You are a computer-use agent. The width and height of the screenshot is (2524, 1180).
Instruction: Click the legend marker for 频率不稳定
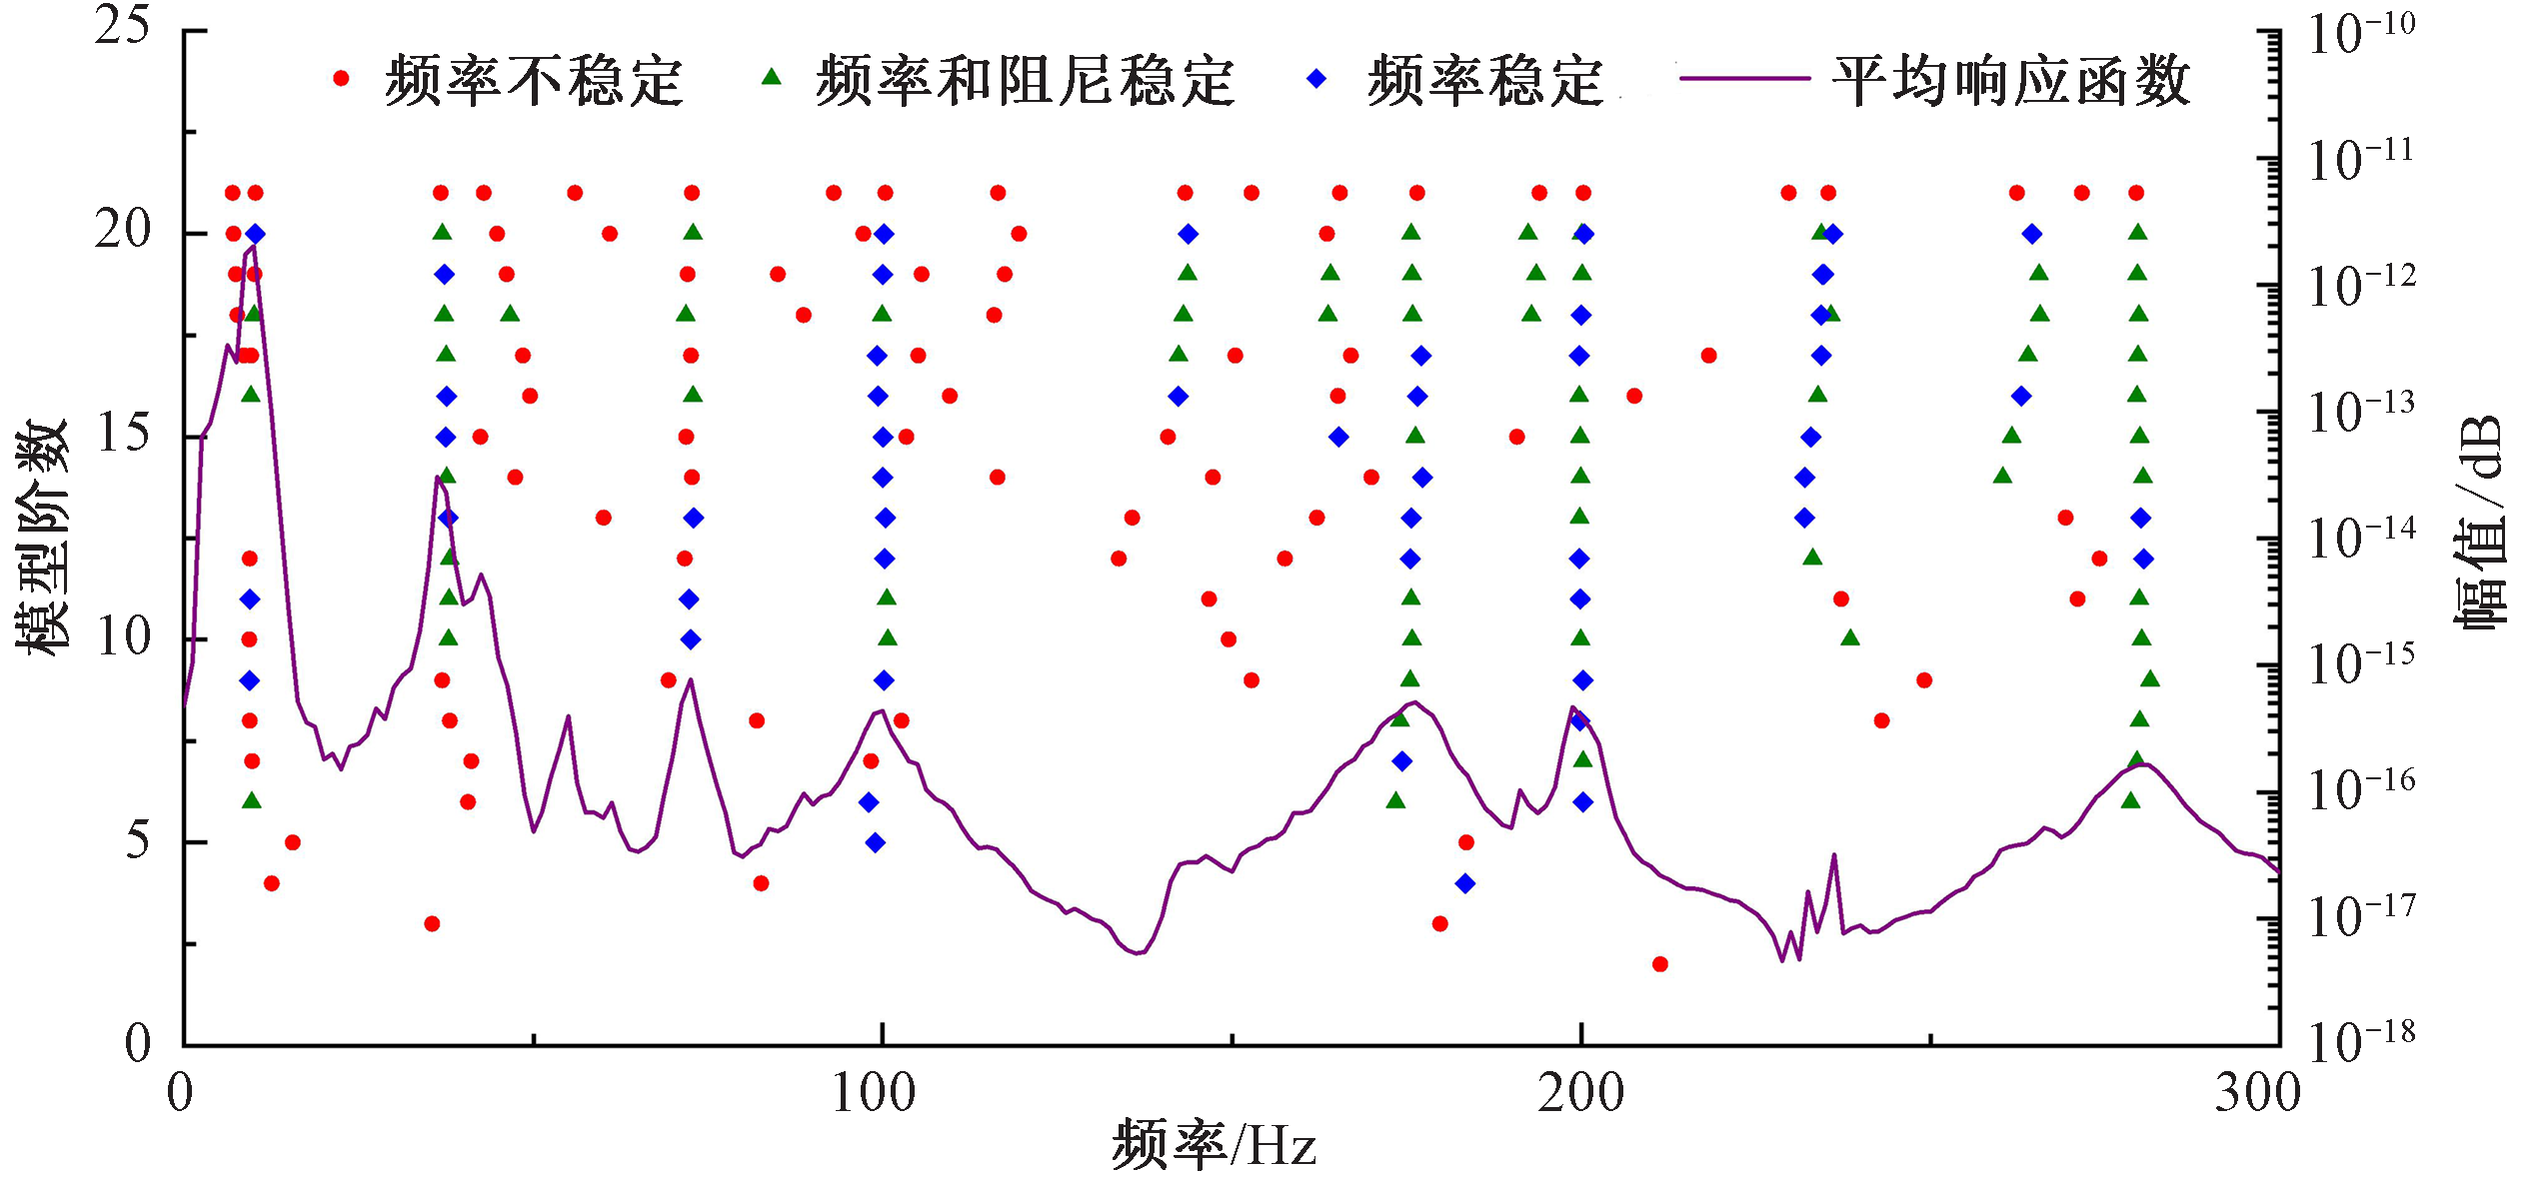point(342,79)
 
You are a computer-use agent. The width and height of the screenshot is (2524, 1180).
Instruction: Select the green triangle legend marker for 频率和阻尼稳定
point(772,78)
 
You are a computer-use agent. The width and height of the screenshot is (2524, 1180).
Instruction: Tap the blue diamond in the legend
point(1317,79)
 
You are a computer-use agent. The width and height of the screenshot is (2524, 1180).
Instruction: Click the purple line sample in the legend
point(1744,79)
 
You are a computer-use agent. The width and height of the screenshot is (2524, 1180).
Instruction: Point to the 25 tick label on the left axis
point(123,26)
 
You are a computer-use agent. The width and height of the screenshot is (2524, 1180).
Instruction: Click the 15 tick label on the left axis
point(123,435)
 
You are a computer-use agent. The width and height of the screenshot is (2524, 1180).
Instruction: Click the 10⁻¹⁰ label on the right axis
point(2361,34)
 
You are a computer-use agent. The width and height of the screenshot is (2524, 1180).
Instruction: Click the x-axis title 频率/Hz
point(1214,1145)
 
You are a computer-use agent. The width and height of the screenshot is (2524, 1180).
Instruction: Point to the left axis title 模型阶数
point(42,537)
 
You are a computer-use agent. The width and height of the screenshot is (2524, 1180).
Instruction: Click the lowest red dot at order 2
point(1660,964)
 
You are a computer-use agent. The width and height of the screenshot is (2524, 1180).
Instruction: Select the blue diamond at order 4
point(1465,883)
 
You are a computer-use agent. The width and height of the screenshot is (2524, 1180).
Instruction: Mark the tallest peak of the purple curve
point(253,247)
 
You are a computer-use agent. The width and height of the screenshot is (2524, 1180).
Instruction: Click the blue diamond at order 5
point(876,843)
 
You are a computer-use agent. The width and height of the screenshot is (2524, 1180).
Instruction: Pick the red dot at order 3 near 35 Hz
point(432,923)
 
